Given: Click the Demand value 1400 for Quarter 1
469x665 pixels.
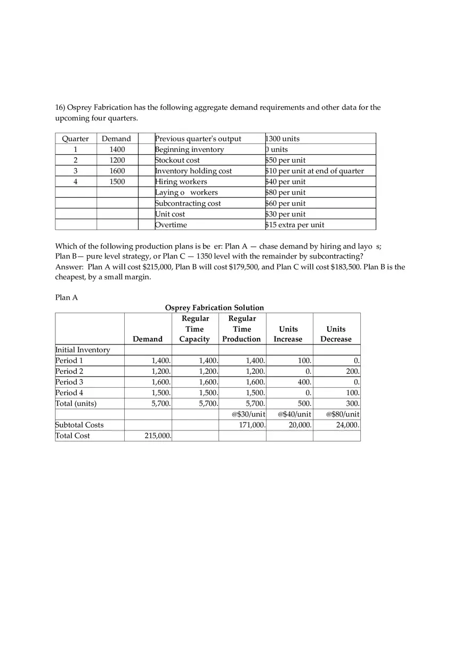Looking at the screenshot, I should pos(117,149).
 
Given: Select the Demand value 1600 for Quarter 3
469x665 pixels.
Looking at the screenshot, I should pos(117,171).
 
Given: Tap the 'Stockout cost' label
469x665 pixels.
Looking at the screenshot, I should pos(177,160).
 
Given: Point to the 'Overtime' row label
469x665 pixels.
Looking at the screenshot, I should pos(171,225).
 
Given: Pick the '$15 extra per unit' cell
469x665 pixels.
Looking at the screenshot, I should pos(295,225).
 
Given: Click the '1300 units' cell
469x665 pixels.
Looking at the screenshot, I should pos(283,139).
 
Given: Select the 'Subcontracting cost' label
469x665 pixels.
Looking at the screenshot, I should pos(188,203).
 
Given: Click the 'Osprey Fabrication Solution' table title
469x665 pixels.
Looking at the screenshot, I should pos(214,308).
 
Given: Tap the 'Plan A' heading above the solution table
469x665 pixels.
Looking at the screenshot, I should pos(67,297).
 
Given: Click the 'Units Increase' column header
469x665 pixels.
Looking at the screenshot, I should pos(288,334).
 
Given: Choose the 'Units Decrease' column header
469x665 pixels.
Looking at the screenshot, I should pos(336,334).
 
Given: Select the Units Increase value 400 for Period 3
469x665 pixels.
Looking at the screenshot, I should pos(304,382).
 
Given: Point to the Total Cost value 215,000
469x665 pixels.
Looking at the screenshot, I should pos(158,436).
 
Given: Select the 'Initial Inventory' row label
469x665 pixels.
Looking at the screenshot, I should pos(83,350).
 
